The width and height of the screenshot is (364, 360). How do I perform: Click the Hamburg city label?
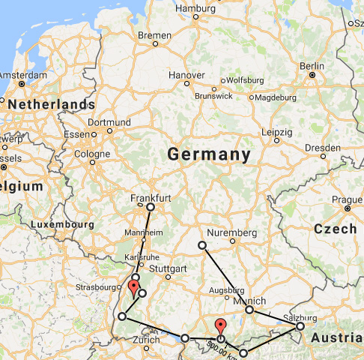click(x=194, y=8)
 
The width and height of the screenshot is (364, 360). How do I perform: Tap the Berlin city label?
click(x=312, y=65)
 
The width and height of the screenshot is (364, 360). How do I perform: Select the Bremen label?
click(x=154, y=35)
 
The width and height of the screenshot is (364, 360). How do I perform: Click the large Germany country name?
click(x=208, y=154)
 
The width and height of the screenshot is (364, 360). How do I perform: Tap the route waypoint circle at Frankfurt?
click(x=150, y=206)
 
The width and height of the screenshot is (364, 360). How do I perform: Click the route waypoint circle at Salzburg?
click(x=300, y=325)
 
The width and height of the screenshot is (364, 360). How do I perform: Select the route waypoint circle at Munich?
click(x=249, y=309)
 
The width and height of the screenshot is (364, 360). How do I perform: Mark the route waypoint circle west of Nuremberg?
click(x=201, y=245)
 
